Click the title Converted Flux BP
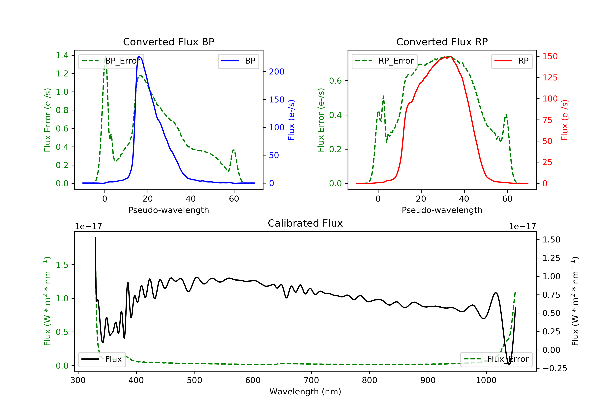[168, 42]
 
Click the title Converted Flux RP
[442, 42]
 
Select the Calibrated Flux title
[305, 223]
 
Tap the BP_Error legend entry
[111, 61]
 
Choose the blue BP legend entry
[238, 61]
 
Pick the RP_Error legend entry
[384, 61]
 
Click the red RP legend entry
[512, 61]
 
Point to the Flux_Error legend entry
[496, 359]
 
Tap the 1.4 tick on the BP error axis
[62, 55]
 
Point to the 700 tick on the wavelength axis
[311, 380]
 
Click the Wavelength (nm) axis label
[305, 392]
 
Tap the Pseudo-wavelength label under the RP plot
[442, 210]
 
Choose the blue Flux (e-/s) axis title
[291, 120]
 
